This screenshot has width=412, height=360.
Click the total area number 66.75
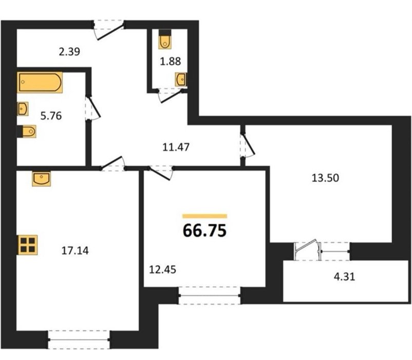click(204, 230)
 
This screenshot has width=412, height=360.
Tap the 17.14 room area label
click(75, 250)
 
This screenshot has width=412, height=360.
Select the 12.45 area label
click(162, 269)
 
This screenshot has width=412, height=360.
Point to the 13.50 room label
click(325, 178)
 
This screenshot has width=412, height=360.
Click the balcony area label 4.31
click(344, 277)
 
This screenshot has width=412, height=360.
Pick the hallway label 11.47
click(176, 147)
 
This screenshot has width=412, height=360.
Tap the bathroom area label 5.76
click(51, 116)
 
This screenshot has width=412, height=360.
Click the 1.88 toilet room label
click(170, 61)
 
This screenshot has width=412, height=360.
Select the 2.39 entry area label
click(69, 52)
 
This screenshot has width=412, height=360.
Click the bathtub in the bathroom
click(40, 82)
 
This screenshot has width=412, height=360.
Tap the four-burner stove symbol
click(28, 245)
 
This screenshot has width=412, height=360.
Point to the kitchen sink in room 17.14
click(42, 179)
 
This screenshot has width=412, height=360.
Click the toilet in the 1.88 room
click(165, 39)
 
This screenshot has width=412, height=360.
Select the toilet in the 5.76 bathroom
click(27, 131)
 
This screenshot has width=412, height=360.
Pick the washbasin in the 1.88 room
click(181, 80)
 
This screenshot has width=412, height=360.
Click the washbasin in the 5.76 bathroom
click(23, 109)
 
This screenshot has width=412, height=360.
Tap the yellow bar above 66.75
click(204, 216)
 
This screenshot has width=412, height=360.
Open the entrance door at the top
click(109, 29)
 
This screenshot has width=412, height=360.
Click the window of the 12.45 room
click(210, 296)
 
